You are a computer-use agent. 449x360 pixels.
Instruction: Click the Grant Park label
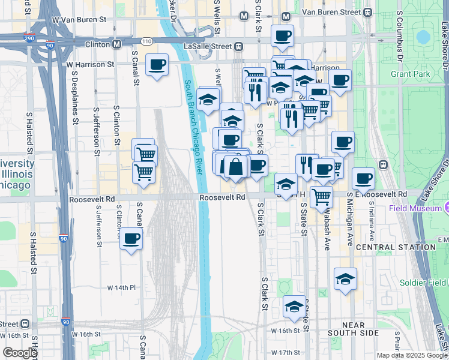coord(410,74)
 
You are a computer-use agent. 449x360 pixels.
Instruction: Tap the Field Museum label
coord(414,208)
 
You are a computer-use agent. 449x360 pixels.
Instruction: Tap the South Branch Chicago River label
coord(195,127)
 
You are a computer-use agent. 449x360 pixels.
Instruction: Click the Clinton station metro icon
coord(116,44)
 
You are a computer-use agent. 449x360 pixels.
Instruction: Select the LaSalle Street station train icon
coord(238,46)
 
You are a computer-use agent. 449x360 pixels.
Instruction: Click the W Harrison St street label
coord(90,64)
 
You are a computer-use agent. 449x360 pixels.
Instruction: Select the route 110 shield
coord(146,40)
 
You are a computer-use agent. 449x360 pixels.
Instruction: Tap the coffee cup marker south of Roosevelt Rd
coord(131,240)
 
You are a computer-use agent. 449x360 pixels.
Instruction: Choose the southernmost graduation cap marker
coord(293,307)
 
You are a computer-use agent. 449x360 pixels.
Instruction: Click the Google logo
coord(19,353)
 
